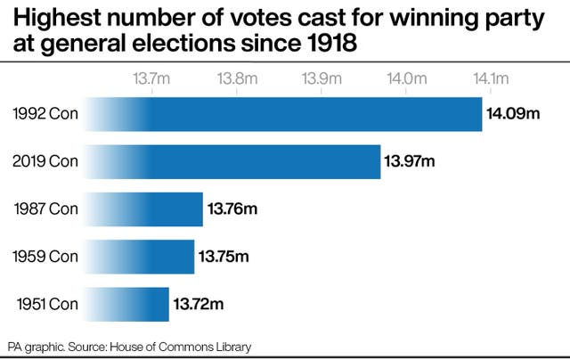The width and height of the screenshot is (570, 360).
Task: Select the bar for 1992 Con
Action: tap(285, 113)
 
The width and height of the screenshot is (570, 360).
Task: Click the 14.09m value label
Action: tap(514, 113)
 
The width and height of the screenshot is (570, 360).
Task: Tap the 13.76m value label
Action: tap(232, 209)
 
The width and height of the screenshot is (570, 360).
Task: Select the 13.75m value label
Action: tap(224, 257)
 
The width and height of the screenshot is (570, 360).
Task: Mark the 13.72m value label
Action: tap(199, 305)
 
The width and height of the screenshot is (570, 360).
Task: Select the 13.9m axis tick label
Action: tap(321, 78)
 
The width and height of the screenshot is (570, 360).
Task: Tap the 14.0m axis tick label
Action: tap(405, 78)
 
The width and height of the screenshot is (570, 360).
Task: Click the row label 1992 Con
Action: tap(46, 113)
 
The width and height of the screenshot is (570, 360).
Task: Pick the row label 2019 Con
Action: tap(45, 161)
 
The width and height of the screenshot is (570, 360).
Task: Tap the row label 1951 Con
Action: tap(47, 305)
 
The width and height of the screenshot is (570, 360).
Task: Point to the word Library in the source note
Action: tap(232, 346)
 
